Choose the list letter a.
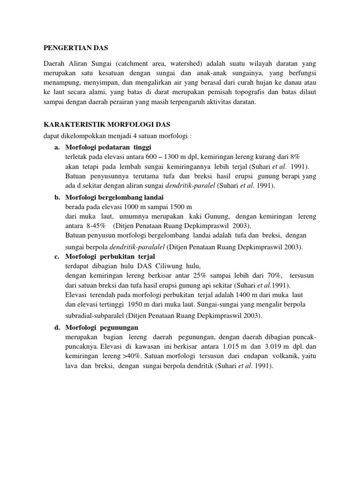[57, 147]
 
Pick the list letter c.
[56, 257]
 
